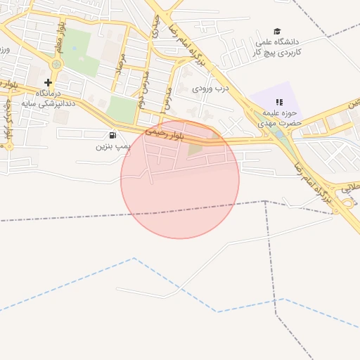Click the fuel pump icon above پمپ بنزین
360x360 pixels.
coord(112,135)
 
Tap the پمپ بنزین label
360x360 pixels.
coord(113,148)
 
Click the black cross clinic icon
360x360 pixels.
coord(48,82)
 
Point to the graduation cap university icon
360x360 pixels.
coord(277,32)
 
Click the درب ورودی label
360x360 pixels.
coord(212,89)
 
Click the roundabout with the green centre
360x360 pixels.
coord(56,64)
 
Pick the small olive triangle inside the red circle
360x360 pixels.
coord(195,148)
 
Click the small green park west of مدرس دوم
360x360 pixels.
coord(122,108)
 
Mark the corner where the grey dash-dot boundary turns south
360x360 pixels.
coord(265,202)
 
